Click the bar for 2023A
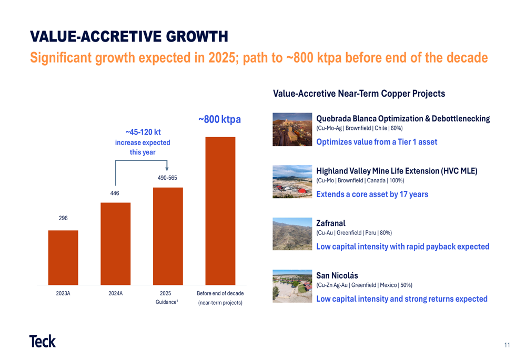click(63, 258)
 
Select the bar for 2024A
click(115, 244)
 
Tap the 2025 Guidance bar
click(168, 236)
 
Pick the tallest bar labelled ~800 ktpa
click(220, 211)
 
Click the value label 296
click(63, 218)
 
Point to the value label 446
click(115, 193)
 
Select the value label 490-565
click(167, 178)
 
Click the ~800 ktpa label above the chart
click(219, 119)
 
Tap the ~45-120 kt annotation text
click(143, 132)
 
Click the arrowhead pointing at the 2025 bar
click(167, 169)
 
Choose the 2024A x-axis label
click(115, 293)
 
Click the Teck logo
click(43, 341)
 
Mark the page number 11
click(507, 345)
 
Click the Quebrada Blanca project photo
click(292, 129)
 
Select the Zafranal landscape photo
click(292, 234)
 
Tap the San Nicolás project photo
click(292, 286)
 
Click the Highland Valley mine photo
click(292, 182)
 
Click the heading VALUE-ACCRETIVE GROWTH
click(129, 37)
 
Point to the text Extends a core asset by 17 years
click(372, 194)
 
